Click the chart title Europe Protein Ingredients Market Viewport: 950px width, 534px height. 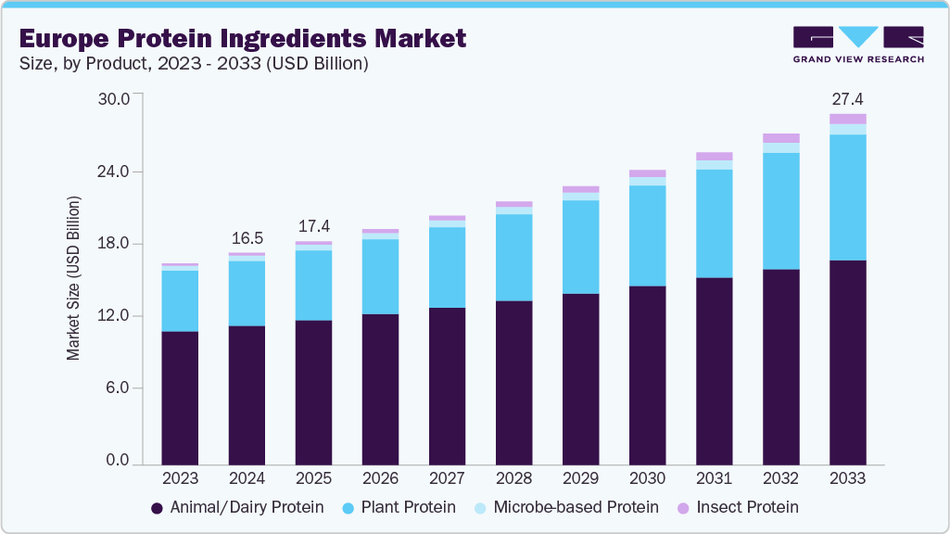(x=242, y=39)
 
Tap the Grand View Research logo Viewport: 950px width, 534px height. (x=858, y=44)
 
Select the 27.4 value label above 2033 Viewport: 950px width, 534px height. (x=847, y=99)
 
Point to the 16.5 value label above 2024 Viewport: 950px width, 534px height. (x=247, y=238)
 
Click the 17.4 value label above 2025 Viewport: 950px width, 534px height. (x=313, y=227)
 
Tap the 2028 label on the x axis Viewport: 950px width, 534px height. (x=513, y=478)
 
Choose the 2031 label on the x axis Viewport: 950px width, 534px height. (x=714, y=478)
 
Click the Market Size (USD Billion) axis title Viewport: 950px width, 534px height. (x=73, y=278)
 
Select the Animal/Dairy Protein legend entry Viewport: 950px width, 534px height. (x=236, y=507)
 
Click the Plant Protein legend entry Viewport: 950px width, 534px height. (x=399, y=507)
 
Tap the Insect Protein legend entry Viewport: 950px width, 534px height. (x=737, y=507)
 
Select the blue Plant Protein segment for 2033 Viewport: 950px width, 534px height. (x=847, y=197)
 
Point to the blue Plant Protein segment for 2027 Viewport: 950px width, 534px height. (x=447, y=267)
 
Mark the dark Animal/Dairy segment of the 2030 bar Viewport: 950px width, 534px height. (x=647, y=375)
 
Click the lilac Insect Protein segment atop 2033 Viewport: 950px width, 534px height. (x=847, y=119)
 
